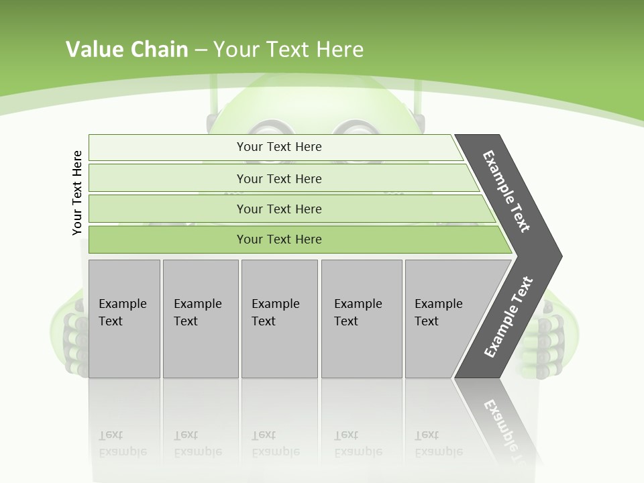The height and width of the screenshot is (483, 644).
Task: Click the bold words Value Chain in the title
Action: point(127,50)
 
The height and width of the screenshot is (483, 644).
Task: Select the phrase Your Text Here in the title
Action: point(288,50)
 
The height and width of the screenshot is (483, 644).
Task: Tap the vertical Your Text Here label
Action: point(77,193)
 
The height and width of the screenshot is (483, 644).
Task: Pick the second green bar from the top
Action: point(278,178)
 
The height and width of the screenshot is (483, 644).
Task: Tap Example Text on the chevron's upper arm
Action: point(506,191)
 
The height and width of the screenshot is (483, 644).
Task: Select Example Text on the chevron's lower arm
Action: point(508,317)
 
